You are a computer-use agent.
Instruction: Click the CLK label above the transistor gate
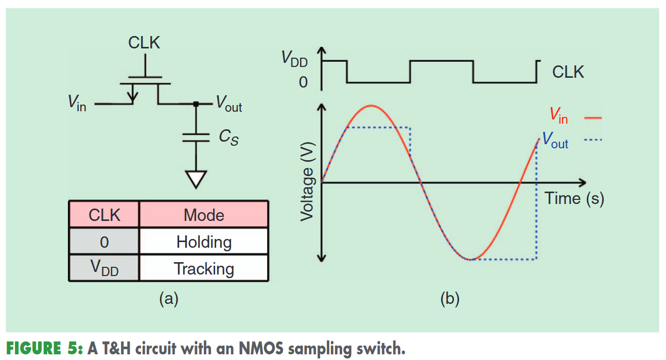click(144, 42)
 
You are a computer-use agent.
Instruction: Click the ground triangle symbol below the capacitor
click(196, 179)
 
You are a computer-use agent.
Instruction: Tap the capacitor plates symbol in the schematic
click(196, 138)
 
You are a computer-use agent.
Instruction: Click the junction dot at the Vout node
click(196, 104)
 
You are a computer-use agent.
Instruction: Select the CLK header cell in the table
click(104, 215)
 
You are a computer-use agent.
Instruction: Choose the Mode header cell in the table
click(204, 215)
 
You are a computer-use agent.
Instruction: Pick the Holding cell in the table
click(204, 242)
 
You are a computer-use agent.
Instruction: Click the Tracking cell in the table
click(204, 269)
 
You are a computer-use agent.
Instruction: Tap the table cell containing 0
click(104, 242)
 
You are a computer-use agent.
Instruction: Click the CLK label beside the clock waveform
click(568, 72)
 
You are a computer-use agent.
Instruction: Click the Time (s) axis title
click(574, 198)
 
